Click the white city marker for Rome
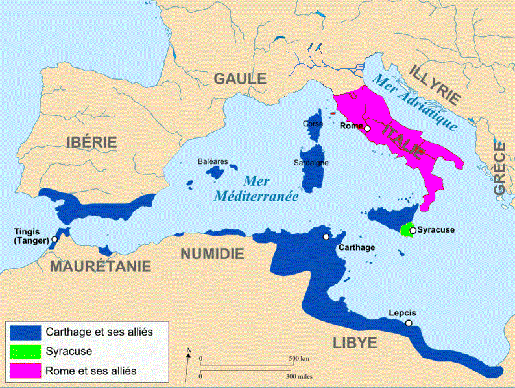point(367,128)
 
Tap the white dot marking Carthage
point(326,237)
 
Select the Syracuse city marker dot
point(413,230)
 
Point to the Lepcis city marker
point(409,323)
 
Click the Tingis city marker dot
point(54,239)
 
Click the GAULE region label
point(240,79)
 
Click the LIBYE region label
point(354,343)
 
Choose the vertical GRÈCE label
point(499,168)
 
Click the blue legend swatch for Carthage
point(25,332)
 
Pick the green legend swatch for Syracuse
point(25,351)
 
